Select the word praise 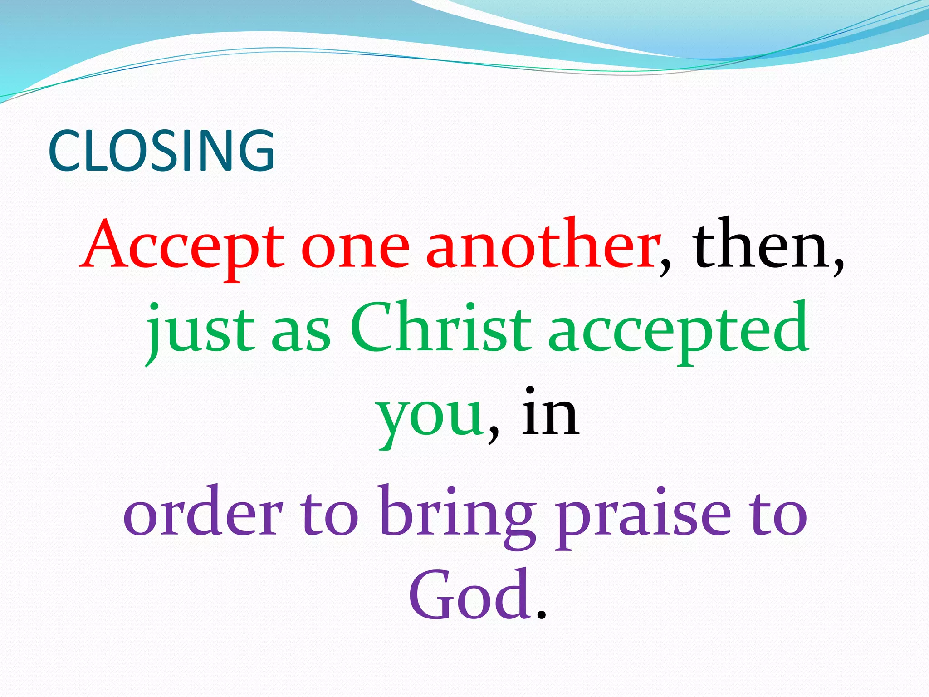coord(644,515)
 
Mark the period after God coord(541,615)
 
